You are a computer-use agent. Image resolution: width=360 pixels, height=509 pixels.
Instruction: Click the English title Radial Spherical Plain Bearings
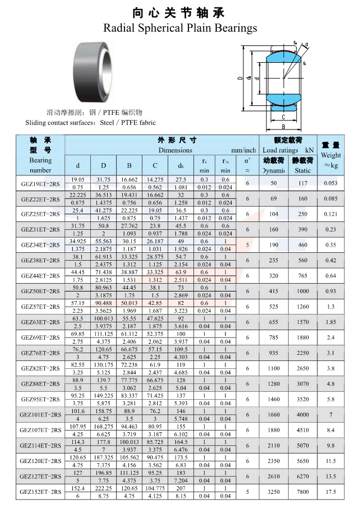[180, 28]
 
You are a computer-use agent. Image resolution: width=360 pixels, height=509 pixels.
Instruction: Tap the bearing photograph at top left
[93, 72]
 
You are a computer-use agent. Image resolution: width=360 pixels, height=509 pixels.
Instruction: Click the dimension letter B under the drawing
[283, 127]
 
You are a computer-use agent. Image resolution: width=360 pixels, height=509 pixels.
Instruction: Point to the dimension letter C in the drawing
[283, 117]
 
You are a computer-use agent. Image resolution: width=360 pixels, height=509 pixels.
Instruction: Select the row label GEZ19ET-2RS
[40, 184]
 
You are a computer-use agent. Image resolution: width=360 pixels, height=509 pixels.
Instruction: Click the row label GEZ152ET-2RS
[40, 492]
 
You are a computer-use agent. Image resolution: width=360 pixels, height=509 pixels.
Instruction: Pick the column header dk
[181, 165]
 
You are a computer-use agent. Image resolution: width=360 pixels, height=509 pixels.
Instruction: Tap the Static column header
[303, 170]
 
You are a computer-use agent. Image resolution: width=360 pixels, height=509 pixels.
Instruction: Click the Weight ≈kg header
[331, 160]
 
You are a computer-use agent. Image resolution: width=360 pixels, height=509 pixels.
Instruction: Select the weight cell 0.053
[331, 183]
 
